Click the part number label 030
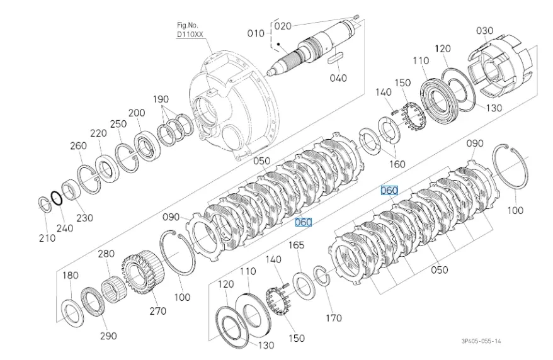(x=484, y=31)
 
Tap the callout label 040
(x=338, y=78)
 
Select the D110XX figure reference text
(x=190, y=35)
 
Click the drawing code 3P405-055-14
(x=481, y=341)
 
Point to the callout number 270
(x=157, y=311)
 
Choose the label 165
(x=296, y=245)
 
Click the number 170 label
(x=334, y=318)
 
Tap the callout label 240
(x=65, y=228)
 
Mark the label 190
(x=161, y=99)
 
